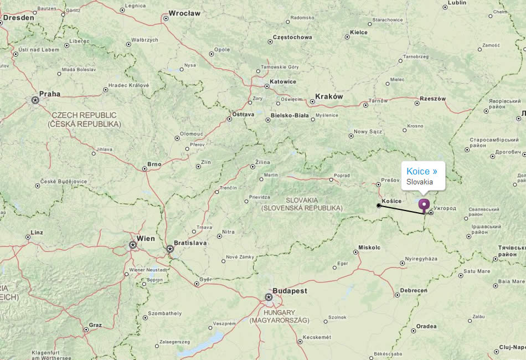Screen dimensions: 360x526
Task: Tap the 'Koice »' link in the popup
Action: (x=422, y=171)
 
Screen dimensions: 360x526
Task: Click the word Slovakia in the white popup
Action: (x=420, y=182)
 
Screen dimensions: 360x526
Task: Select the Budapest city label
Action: (x=289, y=290)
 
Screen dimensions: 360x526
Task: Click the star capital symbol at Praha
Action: (x=35, y=100)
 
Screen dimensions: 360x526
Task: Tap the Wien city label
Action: (x=146, y=239)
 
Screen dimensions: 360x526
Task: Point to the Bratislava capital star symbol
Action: (x=170, y=249)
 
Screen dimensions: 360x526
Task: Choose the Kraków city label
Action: (x=329, y=96)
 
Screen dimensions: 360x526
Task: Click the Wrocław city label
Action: (x=184, y=13)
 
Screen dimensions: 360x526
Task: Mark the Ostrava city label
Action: (x=243, y=114)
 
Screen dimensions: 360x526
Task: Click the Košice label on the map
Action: (x=391, y=200)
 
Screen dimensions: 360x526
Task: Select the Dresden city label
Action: (x=19, y=17)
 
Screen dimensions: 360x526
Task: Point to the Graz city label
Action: (x=95, y=325)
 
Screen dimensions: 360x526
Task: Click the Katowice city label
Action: (x=282, y=81)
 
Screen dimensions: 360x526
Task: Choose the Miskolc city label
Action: (x=369, y=247)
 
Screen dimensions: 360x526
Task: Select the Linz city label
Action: (x=38, y=233)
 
